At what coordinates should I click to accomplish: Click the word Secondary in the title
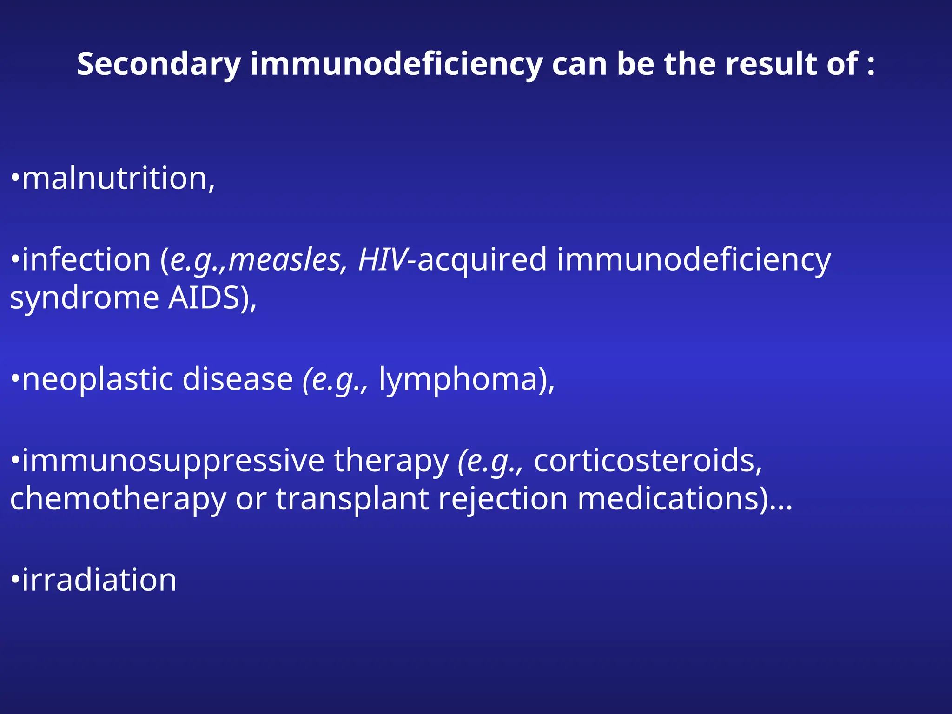point(159,64)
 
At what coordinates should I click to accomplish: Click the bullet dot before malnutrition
point(15,178)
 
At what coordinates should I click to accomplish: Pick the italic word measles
point(284,259)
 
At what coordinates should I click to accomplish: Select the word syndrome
point(84,298)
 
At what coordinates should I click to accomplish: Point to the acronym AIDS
point(204,297)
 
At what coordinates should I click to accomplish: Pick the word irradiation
point(99,580)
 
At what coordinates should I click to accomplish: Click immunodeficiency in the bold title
point(397,64)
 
